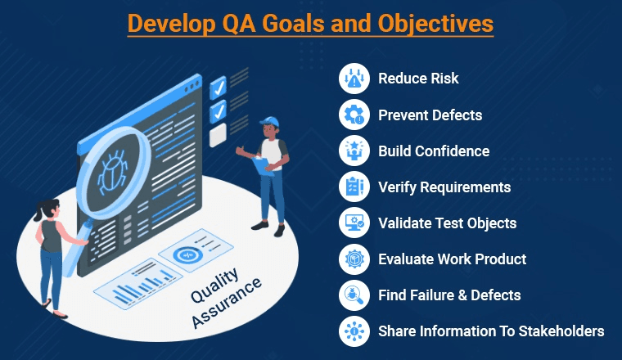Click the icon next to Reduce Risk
pos(354,79)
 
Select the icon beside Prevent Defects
pos(354,115)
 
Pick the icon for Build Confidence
pos(354,151)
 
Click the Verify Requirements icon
pos(354,187)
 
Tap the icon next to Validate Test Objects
pos(354,223)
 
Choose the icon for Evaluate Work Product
pos(354,259)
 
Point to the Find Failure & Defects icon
pos(354,295)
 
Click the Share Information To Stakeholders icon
pos(354,331)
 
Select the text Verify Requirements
pos(444,187)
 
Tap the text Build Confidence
pos(434,151)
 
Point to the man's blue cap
pos(270,123)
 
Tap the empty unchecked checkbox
pos(218,135)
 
